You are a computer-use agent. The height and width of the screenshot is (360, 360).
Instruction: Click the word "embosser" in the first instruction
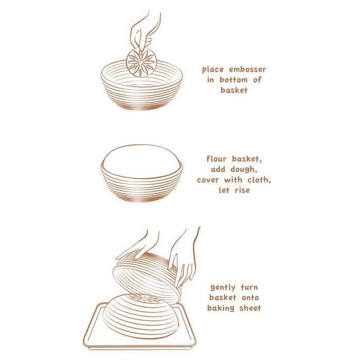pyautogui.click(x=247, y=69)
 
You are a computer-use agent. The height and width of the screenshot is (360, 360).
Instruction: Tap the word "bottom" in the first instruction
pyautogui.click(x=233, y=80)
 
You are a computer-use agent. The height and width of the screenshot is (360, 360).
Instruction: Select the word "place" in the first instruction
pyautogui.click(x=213, y=70)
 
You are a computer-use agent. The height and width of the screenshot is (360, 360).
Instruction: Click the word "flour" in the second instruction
pyautogui.click(x=217, y=158)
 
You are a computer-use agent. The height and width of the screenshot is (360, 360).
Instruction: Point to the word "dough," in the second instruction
pyautogui.click(x=244, y=169)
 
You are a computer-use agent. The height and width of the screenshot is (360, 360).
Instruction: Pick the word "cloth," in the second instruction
pyautogui.click(x=259, y=180)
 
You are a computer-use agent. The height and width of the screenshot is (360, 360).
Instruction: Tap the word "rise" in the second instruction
pyautogui.click(x=242, y=190)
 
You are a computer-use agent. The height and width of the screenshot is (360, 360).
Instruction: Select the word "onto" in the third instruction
pyautogui.click(x=250, y=298)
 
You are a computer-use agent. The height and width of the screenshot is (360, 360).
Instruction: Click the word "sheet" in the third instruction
pyautogui.click(x=250, y=308)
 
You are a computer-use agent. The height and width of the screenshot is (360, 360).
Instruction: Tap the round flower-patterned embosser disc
pyautogui.click(x=141, y=62)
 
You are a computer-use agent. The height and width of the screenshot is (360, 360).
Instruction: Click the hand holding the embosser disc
pyautogui.click(x=143, y=31)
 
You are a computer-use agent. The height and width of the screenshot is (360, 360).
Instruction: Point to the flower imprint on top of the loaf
pyautogui.click(x=145, y=298)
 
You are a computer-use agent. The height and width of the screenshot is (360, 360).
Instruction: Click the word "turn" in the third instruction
pyautogui.click(x=249, y=287)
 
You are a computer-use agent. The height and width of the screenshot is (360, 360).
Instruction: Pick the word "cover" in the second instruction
pyautogui.click(x=208, y=180)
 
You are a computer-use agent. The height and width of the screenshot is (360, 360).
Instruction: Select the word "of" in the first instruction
pyautogui.click(x=257, y=80)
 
